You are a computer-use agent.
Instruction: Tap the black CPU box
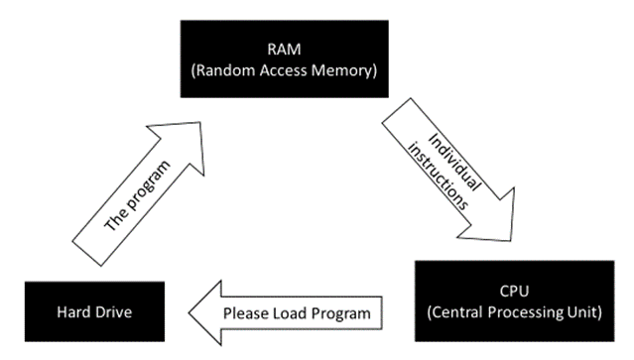(519, 301)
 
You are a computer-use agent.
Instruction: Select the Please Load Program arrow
(298, 313)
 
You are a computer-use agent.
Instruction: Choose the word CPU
(519, 291)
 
